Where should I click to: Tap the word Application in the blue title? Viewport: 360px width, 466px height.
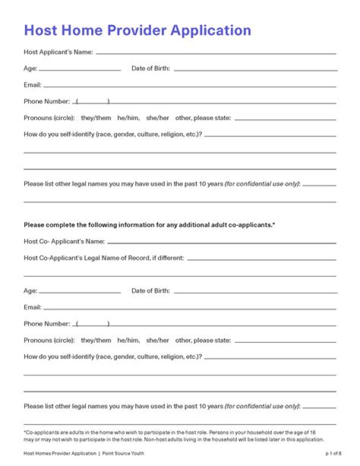click(x=210, y=30)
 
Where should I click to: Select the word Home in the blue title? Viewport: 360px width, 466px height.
click(x=81, y=30)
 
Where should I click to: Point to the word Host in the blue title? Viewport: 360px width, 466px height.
click(x=40, y=30)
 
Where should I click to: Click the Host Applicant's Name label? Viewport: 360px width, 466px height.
click(x=58, y=52)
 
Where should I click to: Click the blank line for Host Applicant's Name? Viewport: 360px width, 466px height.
click(x=216, y=53)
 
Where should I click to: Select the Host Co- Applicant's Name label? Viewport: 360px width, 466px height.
click(x=64, y=241)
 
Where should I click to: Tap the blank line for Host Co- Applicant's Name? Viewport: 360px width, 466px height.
click(x=221, y=243)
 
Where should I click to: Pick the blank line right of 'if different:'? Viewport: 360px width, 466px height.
click(x=261, y=259)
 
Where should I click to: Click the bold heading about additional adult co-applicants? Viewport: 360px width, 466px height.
click(x=149, y=225)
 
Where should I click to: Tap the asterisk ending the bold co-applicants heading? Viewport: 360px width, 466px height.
click(x=274, y=224)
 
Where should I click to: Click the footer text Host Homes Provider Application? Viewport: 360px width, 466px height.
click(x=59, y=453)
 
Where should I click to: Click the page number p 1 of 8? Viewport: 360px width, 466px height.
click(x=333, y=453)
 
